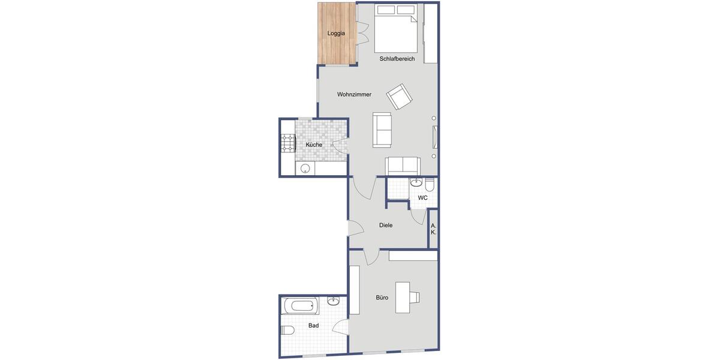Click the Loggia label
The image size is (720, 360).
click(336, 34)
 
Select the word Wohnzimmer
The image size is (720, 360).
click(354, 94)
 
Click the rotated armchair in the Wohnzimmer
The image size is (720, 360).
click(399, 96)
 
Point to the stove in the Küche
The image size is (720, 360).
click(288, 144)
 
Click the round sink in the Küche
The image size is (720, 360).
click(305, 168)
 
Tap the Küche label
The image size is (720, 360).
click(314, 145)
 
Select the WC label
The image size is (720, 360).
click(423, 197)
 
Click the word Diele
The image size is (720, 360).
click(386, 225)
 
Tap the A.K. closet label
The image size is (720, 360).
click(433, 229)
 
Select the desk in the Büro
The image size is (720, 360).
click(403, 297)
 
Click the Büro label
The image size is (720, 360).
click(382, 298)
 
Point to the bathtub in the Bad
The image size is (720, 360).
click(299, 305)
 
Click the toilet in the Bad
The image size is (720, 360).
click(287, 330)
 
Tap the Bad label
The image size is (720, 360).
click(313, 325)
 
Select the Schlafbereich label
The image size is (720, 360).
click(397, 59)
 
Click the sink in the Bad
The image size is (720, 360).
click(334, 301)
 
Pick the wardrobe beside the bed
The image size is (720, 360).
click(431, 33)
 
